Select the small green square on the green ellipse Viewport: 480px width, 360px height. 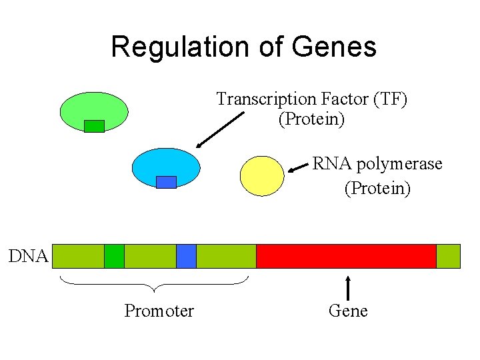94,125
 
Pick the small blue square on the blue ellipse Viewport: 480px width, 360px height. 166,182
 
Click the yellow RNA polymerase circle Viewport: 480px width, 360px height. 262,176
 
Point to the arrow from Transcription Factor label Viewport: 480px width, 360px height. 221,129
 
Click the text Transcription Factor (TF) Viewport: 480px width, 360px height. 311,99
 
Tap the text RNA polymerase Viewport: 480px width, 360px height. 377,164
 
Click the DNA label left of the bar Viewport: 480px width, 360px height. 29,256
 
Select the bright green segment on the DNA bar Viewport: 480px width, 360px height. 114,256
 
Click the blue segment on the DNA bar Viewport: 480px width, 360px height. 186,256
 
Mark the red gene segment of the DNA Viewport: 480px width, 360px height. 346,256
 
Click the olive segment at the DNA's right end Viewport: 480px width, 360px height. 448,256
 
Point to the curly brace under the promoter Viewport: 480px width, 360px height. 155,283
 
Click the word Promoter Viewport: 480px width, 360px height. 159,311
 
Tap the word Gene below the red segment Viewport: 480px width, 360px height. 348,311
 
